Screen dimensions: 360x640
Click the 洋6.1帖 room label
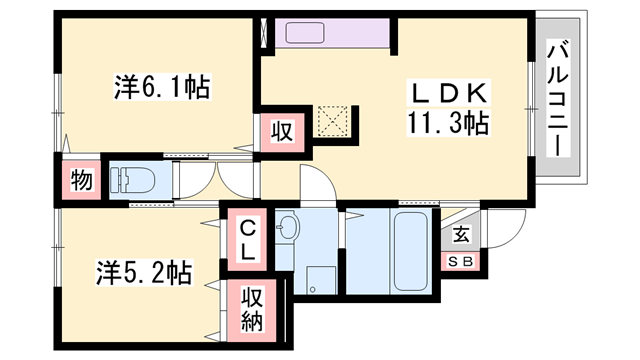[160, 88]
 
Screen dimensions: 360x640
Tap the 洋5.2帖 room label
[144, 270]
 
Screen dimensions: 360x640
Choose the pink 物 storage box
[80, 181]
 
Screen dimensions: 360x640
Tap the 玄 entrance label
[461, 236]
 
